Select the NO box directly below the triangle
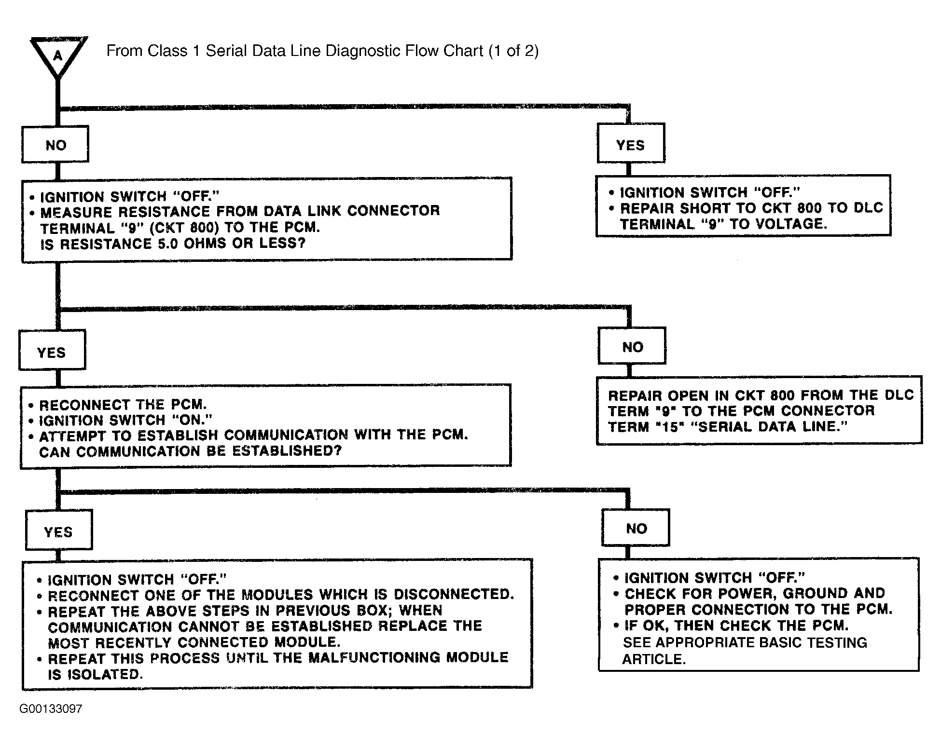[55, 145]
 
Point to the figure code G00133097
[51, 708]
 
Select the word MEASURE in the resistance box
[75, 212]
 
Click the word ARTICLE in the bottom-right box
[654, 659]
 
